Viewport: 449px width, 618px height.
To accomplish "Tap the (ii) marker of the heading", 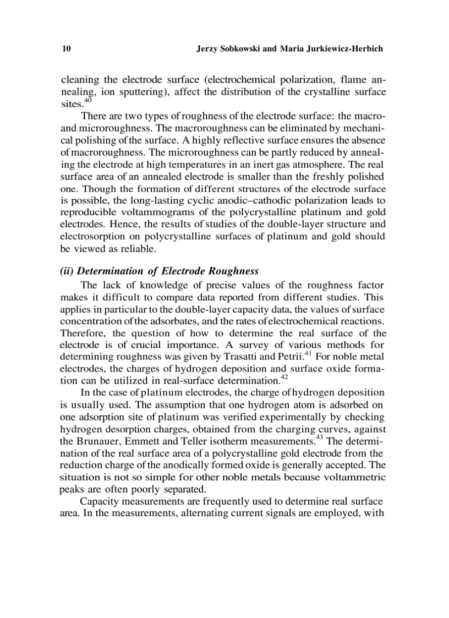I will [68, 271].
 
